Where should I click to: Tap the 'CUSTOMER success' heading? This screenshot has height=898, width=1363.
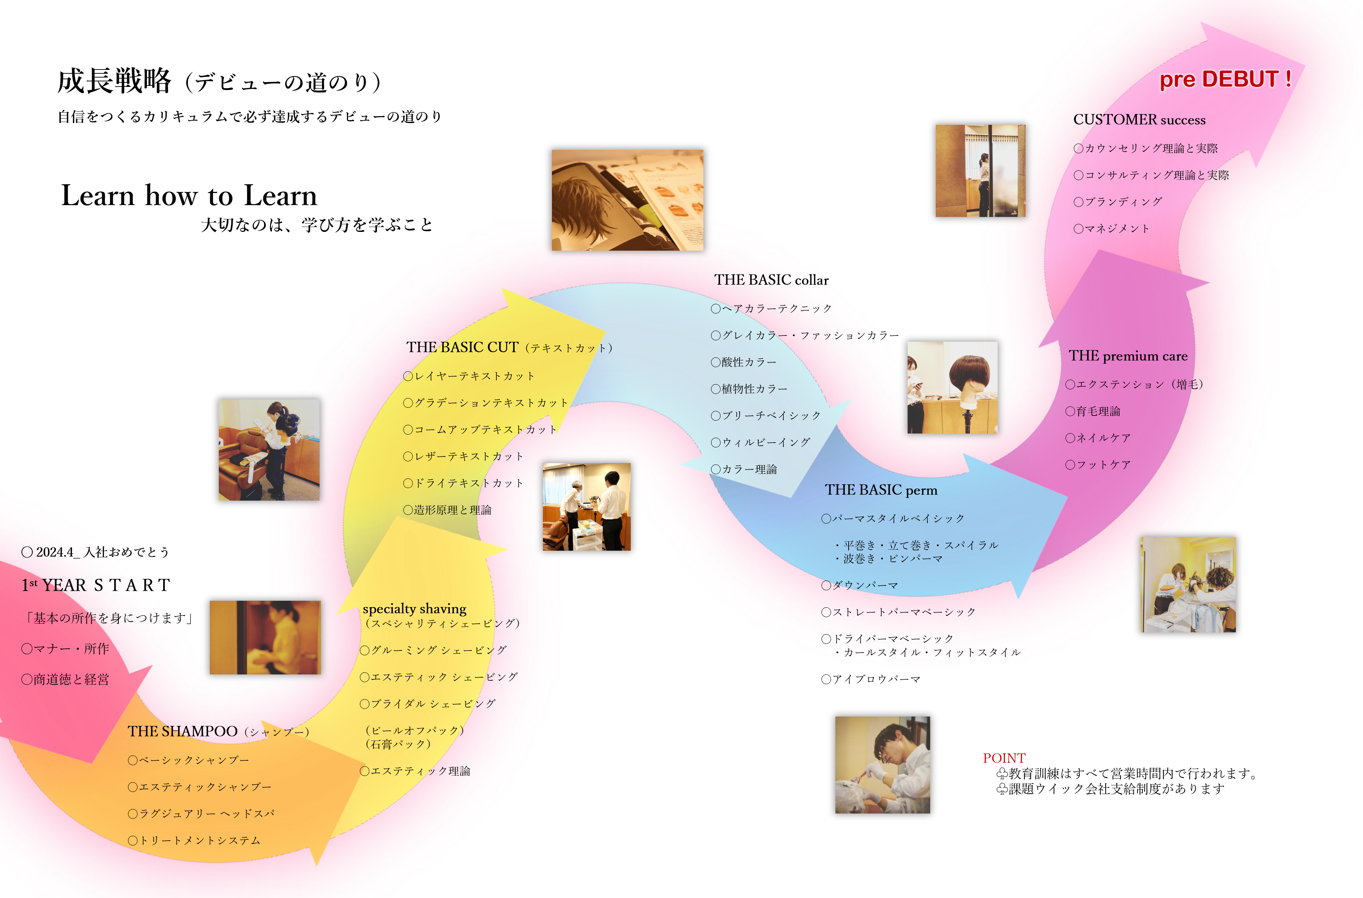click(x=1139, y=120)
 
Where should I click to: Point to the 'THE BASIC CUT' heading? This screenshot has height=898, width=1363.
click(x=463, y=347)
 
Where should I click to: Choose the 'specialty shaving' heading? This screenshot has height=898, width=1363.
click(x=415, y=609)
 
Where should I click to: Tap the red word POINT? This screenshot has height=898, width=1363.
click(x=1004, y=758)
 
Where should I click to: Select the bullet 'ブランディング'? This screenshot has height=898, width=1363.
click(x=1117, y=202)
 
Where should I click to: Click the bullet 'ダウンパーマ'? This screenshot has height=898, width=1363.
click(x=860, y=585)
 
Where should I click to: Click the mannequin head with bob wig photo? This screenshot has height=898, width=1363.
click(x=952, y=387)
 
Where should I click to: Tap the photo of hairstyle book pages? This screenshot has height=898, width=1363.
click(x=627, y=200)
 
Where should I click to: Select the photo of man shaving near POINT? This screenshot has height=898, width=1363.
click(x=882, y=764)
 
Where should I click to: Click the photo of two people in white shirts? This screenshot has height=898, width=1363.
click(x=586, y=507)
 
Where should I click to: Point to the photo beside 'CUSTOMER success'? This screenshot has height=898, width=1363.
click(x=980, y=171)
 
